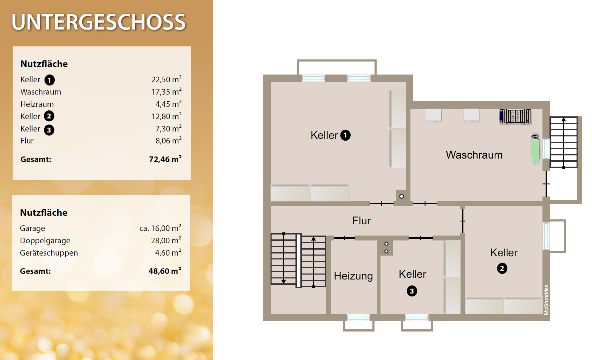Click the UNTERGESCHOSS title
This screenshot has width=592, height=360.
point(99,22)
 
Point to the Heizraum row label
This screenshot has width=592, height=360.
point(37,104)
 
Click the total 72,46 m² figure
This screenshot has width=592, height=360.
point(165,159)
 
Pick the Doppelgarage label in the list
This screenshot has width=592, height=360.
point(45,241)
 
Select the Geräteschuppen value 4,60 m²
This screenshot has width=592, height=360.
point(168,253)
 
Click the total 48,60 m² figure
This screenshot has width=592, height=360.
point(165,271)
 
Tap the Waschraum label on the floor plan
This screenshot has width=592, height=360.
point(474,155)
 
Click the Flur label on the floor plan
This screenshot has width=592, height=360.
point(361,220)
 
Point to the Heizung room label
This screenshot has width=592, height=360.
point(353,276)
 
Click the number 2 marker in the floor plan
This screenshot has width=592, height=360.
point(502,269)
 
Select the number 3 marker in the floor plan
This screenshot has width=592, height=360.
point(412,291)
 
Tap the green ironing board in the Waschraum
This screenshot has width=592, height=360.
point(535,150)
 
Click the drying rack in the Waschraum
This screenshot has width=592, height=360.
point(515,116)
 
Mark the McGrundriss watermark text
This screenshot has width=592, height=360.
point(546,300)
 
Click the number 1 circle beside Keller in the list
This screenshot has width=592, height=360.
point(50,80)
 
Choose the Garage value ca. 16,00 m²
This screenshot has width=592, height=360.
point(160,228)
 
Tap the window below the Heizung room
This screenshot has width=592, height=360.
point(358,317)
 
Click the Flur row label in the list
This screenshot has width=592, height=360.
point(27,141)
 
